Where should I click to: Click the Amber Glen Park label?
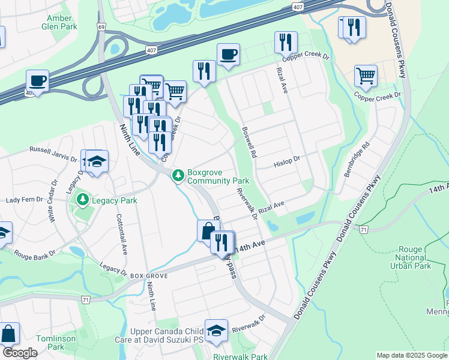[x=59, y=22]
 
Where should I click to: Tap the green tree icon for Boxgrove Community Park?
[x=178, y=176]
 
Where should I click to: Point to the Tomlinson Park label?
[x=50, y=343]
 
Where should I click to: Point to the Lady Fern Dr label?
[x=26, y=200]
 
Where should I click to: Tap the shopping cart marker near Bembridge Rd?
[x=366, y=76]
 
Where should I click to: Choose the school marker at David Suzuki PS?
[x=216, y=330]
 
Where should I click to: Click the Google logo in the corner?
[x=20, y=353]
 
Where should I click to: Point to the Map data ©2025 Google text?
[x=411, y=355]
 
